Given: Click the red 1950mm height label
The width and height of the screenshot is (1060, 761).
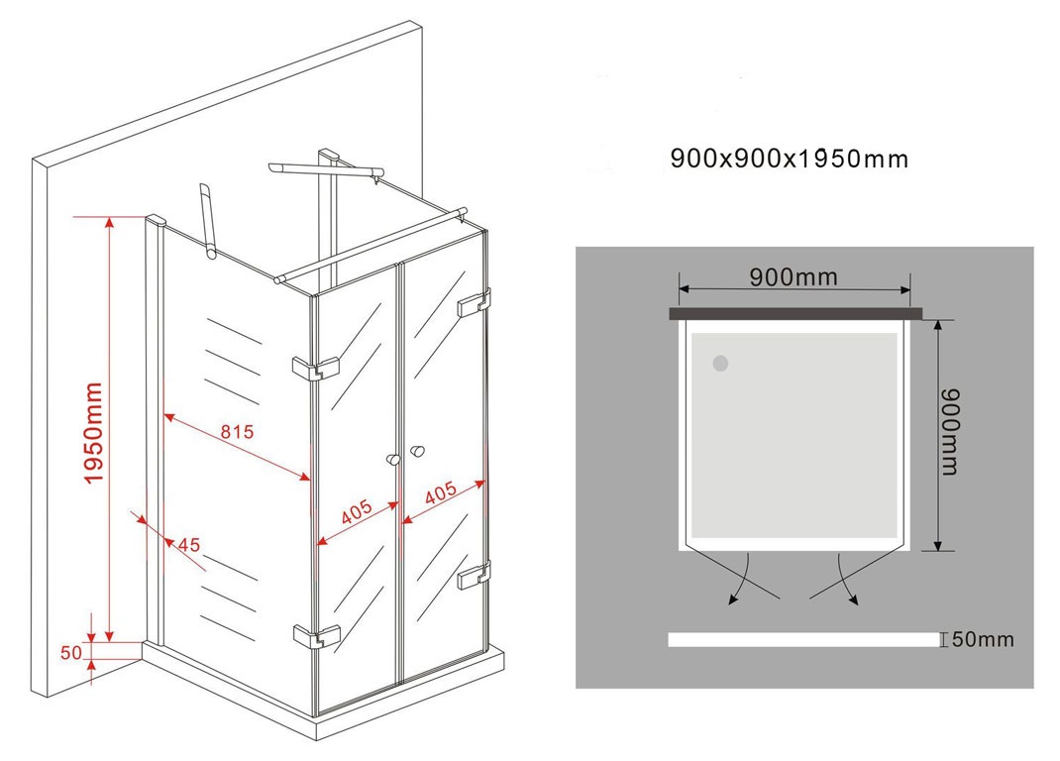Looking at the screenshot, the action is pos(92,433).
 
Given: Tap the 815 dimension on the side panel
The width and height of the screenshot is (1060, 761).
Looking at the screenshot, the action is pos(237,431).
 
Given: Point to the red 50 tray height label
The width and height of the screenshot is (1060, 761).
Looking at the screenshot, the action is pos(71,653).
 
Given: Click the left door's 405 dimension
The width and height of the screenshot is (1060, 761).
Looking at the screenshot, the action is pos(357,512).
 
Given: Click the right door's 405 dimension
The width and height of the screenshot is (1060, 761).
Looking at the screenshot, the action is pos(440,493).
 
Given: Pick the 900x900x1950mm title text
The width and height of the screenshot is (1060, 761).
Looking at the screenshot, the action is pos(789,159).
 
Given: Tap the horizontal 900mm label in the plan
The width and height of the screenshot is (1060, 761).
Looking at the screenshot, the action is pos(794,276).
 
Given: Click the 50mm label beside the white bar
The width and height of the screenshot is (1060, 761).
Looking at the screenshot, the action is pos(983,639).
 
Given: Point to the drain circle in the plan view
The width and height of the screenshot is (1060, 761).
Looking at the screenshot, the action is pos(720,364).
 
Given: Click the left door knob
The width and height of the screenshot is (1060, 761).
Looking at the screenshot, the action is pos(392,460).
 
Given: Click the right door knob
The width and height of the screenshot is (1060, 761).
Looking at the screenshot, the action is pos(417,451).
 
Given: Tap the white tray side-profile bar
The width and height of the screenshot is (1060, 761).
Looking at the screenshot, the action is pos(803,639).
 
